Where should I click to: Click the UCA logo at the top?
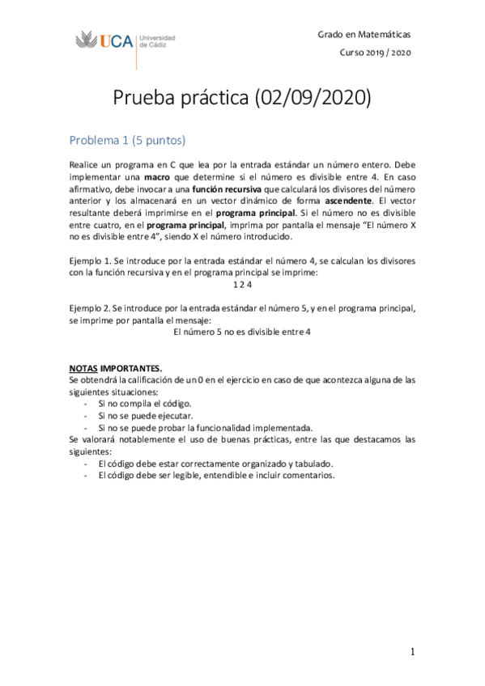coord(125,40)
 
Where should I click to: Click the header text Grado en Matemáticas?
coord(364,34)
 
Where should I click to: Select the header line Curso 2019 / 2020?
coord(375,53)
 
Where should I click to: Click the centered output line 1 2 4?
coord(243,285)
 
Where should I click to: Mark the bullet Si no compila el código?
coord(143,403)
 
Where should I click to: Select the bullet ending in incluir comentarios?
coord(215,475)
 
